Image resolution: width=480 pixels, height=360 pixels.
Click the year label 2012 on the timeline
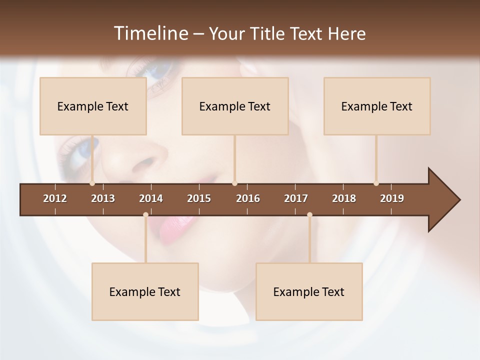tap(55, 198)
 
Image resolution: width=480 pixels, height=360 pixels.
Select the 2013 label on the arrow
tap(103, 198)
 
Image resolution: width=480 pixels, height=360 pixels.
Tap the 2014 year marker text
tap(151, 198)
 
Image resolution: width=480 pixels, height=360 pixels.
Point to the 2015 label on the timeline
tap(199, 198)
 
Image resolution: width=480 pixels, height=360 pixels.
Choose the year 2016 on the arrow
tap(248, 198)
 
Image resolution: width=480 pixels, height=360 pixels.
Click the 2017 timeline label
tap(296, 198)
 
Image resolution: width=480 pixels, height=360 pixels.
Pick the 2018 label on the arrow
tap(344, 198)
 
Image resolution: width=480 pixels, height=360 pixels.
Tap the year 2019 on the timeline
tap(392, 198)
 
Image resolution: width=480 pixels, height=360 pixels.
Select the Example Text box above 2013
tap(93, 106)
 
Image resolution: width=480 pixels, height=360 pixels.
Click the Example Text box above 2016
tap(235, 106)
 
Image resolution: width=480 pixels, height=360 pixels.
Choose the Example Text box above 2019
tap(377, 106)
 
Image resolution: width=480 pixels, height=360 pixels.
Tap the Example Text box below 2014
tap(145, 292)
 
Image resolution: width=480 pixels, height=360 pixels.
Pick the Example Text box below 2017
tap(309, 292)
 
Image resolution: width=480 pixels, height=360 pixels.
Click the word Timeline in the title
tap(150, 33)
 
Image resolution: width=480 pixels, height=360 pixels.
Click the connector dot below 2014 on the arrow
tap(145, 215)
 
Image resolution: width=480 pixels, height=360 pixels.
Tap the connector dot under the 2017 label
tap(309, 215)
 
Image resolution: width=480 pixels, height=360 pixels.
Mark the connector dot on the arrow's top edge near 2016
tap(235, 183)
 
